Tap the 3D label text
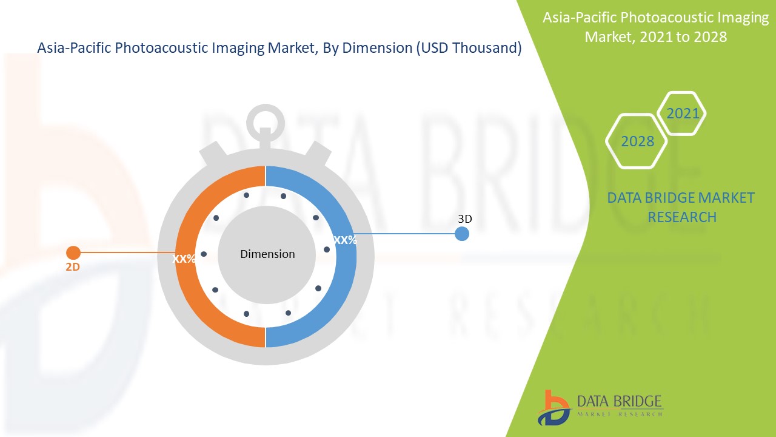click(x=464, y=218)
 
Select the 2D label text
click(x=73, y=266)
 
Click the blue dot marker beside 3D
click(x=462, y=234)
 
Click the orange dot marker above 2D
click(x=73, y=252)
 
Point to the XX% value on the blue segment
click(x=345, y=240)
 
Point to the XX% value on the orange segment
click(x=184, y=259)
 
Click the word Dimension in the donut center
click(x=267, y=254)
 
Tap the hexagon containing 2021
click(x=682, y=113)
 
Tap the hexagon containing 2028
click(x=637, y=141)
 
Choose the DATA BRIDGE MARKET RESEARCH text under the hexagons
click(x=681, y=207)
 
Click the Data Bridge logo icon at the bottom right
click(x=553, y=407)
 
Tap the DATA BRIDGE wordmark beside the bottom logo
click(x=619, y=401)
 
